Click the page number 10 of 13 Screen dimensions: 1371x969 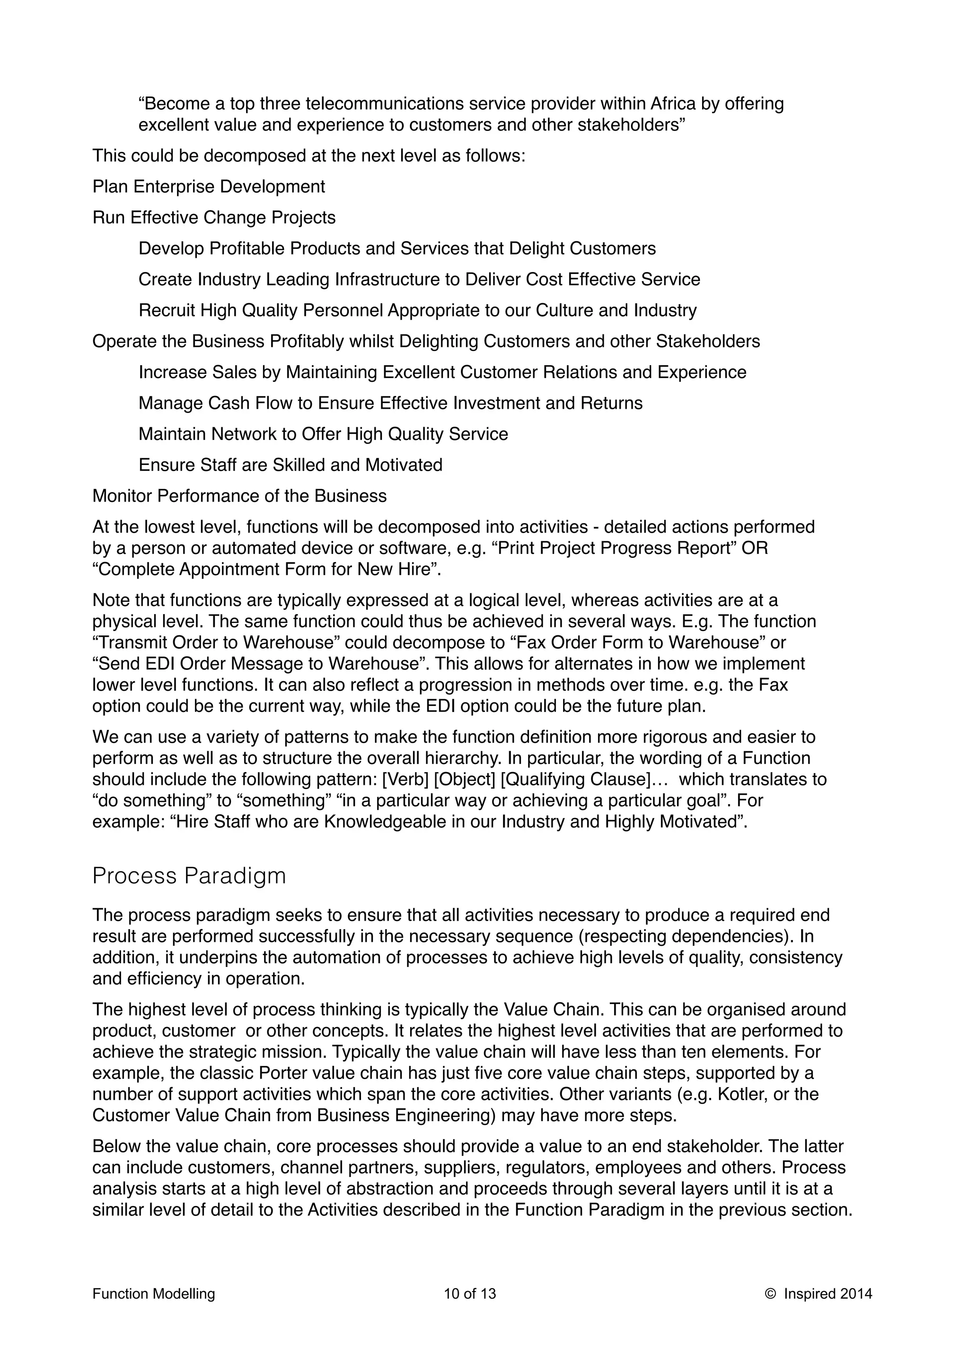(469, 1294)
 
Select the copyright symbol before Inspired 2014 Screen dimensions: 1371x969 (770, 1294)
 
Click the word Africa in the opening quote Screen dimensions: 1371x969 (673, 104)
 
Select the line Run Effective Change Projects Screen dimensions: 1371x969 (214, 217)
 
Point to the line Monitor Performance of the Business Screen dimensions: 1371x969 (239, 496)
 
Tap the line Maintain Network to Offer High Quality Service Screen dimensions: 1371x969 (323, 434)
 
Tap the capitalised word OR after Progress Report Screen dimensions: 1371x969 (754, 548)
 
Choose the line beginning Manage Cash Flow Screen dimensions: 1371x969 (390, 404)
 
